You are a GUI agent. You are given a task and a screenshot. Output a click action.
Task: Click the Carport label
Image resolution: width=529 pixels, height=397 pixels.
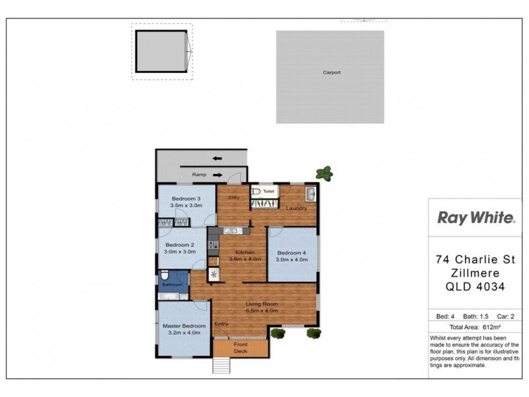pyautogui.click(x=332, y=73)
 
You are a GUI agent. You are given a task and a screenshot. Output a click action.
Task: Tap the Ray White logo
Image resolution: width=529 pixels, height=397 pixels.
pyautogui.click(x=476, y=218)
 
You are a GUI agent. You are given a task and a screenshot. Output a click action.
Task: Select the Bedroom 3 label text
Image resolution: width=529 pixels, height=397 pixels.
pyautogui.click(x=186, y=199)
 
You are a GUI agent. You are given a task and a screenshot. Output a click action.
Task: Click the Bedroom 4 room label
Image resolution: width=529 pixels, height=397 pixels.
pyautogui.click(x=292, y=253)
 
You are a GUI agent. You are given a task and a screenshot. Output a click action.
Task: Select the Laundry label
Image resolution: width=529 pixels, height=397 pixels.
pyautogui.click(x=296, y=209)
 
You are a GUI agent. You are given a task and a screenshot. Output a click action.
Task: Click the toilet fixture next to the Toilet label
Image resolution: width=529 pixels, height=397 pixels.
pyautogui.click(x=257, y=192)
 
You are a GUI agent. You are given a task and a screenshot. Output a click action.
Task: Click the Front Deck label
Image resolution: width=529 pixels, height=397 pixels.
pyautogui.click(x=241, y=348)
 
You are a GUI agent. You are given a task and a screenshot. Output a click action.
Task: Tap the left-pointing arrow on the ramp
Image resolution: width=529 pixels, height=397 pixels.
pyautogui.click(x=217, y=159)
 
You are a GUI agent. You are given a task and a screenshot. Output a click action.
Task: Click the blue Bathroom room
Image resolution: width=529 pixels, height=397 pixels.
pyautogui.click(x=174, y=283)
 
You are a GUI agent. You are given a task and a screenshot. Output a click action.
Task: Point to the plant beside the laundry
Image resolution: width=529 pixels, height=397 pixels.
pyautogui.click(x=324, y=174)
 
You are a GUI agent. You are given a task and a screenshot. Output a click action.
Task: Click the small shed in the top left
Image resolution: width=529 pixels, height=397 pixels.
pyautogui.click(x=162, y=50)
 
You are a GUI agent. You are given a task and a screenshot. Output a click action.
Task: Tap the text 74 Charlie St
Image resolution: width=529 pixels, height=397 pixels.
pyautogui.click(x=475, y=259)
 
